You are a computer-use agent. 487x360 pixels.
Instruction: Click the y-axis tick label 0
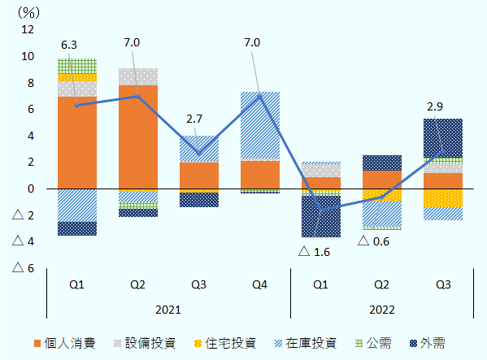31,189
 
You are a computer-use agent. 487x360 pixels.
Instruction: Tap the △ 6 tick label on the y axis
24,268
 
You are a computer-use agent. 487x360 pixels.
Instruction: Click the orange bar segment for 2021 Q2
138,137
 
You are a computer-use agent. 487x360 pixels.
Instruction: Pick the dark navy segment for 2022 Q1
320,215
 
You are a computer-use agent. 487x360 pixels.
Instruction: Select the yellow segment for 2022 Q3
443,198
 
